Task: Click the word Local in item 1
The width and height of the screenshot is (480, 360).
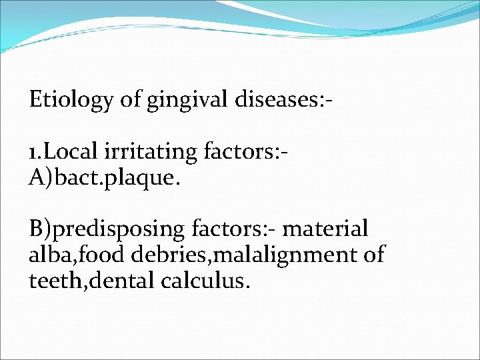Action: (73, 152)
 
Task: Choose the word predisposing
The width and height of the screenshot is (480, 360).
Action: (121, 229)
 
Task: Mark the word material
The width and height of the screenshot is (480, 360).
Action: (326, 229)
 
